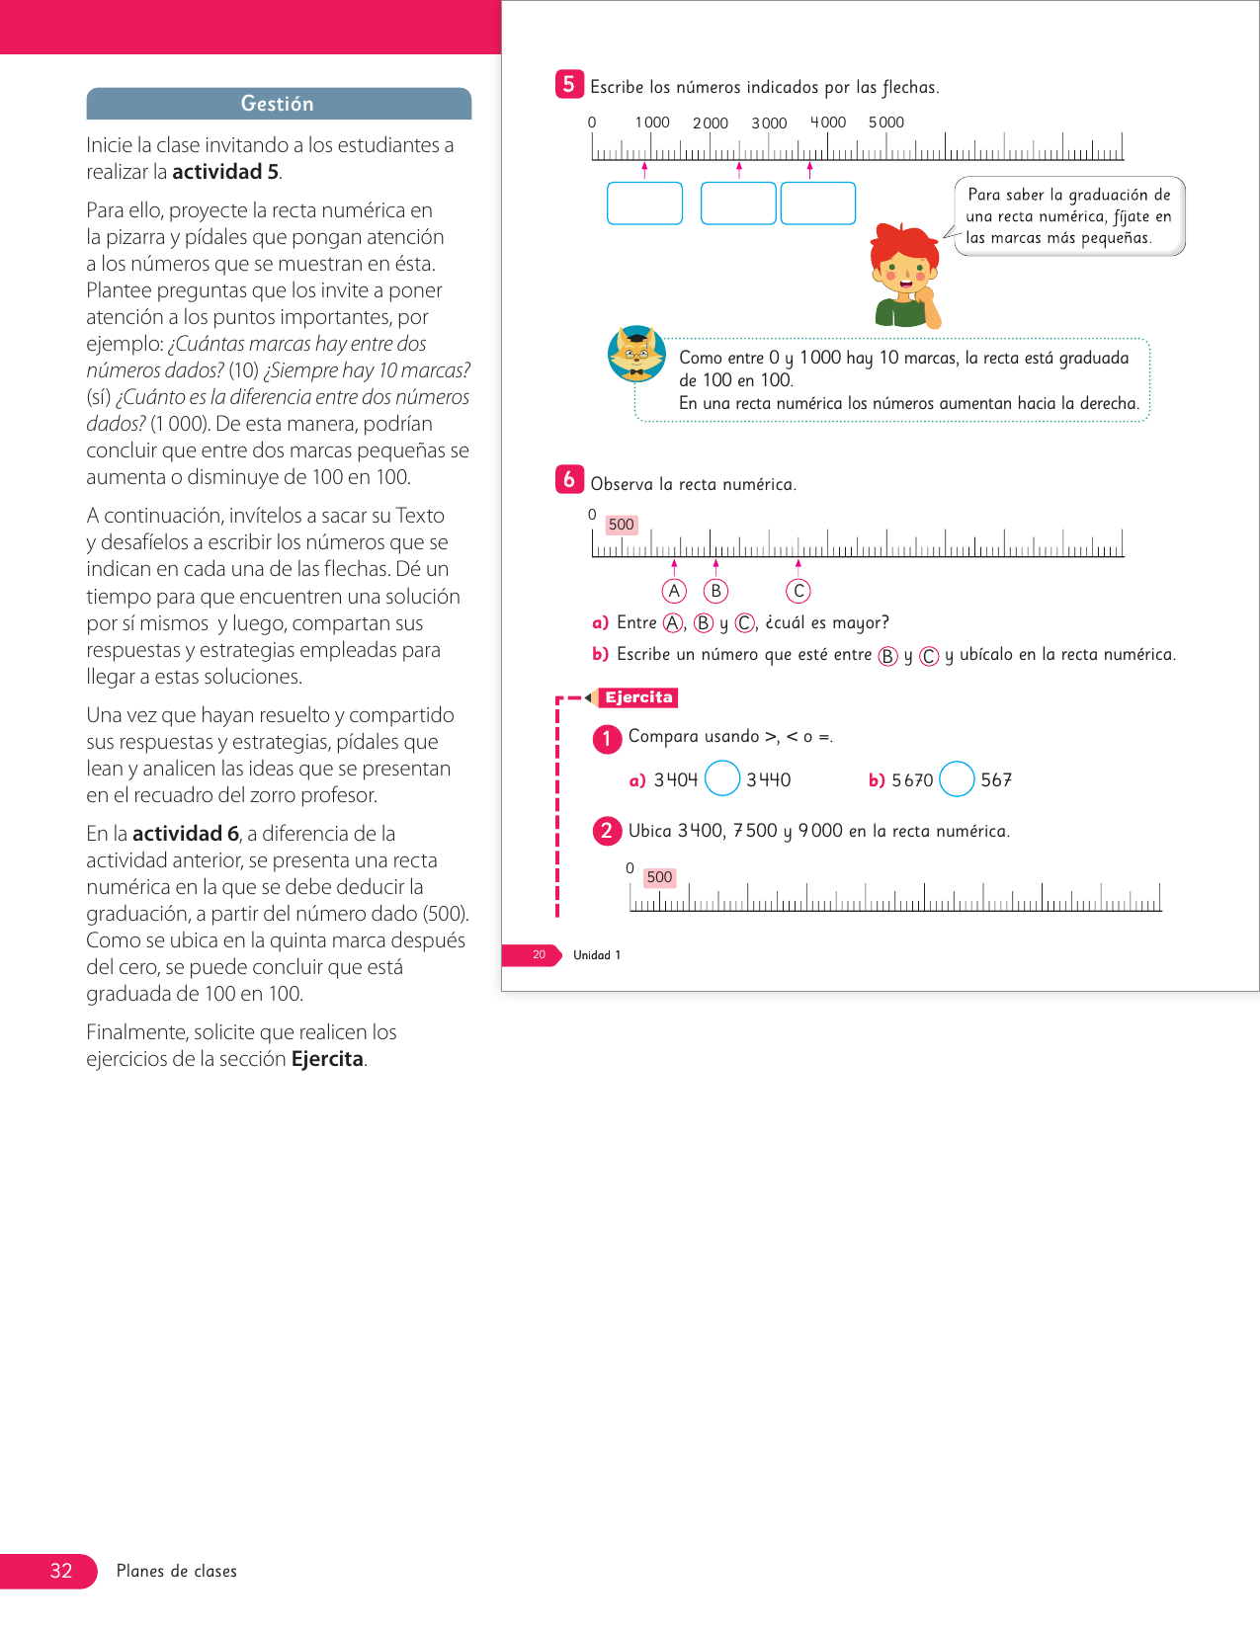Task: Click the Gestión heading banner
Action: click(x=278, y=104)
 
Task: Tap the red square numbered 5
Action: click(x=568, y=85)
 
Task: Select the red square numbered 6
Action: click(x=569, y=480)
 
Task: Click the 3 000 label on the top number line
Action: click(x=769, y=123)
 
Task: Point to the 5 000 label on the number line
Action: click(x=886, y=122)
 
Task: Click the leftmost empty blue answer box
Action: click(x=644, y=204)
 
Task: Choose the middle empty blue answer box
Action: click(x=738, y=204)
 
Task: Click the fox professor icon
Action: click(x=636, y=354)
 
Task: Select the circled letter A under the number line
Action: click(x=674, y=591)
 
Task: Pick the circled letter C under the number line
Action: click(x=798, y=591)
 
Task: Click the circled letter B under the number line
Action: click(x=715, y=591)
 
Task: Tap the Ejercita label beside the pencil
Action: click(x=638, y=697)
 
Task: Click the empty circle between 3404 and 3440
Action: click(x=722, y=778)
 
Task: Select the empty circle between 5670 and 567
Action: click(x=957, y=778)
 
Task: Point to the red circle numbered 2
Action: click(x=607, y=831)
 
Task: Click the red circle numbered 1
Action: click(x=607, y=738)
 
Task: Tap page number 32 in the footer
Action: click(x=61, y=1571)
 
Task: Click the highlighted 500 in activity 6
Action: click(x=622, y=525)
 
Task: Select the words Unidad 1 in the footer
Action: click(x=597, y=955)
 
